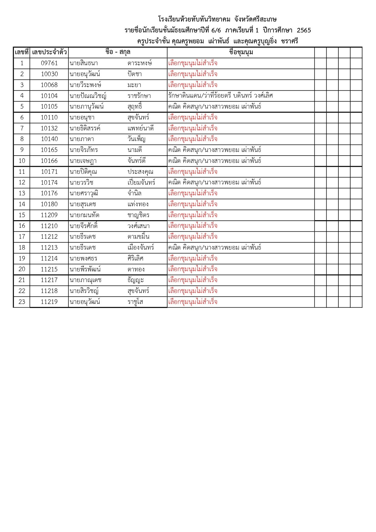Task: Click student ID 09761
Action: point(49,63)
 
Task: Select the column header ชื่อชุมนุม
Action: point(241,52)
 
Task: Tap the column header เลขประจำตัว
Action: point(49,52)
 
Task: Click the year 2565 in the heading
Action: point(304,30)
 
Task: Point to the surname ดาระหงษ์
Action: point(139,63)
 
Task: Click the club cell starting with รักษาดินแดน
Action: point(220,96)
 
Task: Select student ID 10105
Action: point(49,106)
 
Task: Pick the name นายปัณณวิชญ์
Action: point(88,96)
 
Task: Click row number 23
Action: point(22,302)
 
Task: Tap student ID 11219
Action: point(49,302)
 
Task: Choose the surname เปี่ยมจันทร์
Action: point(141,183)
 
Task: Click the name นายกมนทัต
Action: point(84,215)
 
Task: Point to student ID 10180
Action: point(49,204)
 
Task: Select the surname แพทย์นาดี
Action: point(140,128)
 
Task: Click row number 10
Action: point(22,161)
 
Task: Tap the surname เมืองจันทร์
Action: point(141,247)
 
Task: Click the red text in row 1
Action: point(193,63)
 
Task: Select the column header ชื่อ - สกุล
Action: point(118,52)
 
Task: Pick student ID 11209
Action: point(49,215)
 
